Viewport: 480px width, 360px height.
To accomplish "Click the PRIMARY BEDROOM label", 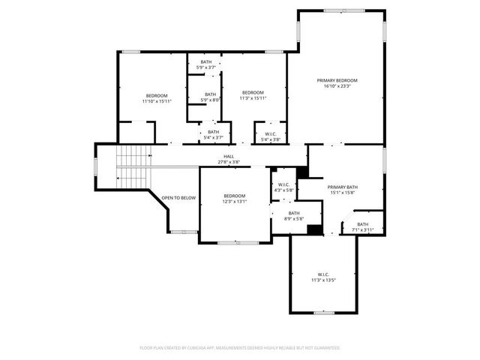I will (x=336, y=80).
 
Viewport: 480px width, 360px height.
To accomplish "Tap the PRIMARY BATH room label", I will (x=341, y=187).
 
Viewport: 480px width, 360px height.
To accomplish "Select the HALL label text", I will (x=228, y=156).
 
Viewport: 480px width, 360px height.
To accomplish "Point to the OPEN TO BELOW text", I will (x=178, y=198).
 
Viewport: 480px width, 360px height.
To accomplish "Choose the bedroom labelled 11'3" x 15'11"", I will (x=253, y=92).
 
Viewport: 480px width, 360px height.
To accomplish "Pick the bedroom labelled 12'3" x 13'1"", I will (x=234, y=196).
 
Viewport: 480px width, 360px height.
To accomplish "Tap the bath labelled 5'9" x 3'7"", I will (x=205, y=62).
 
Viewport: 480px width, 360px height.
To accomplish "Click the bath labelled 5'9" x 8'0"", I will (x=210, y=94).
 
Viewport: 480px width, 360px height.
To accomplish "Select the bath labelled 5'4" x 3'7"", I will (x=214, y=132).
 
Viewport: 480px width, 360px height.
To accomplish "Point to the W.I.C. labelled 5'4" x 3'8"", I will (x=270, y=135).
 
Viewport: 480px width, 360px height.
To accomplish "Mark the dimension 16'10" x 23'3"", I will (x=336, y=86).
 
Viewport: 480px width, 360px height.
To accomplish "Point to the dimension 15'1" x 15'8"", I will (x=341, y=193).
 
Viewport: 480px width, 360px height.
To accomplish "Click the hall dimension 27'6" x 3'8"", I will (x=228, y=162).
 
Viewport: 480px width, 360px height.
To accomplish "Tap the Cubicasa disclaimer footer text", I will (x=240, y=347).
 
